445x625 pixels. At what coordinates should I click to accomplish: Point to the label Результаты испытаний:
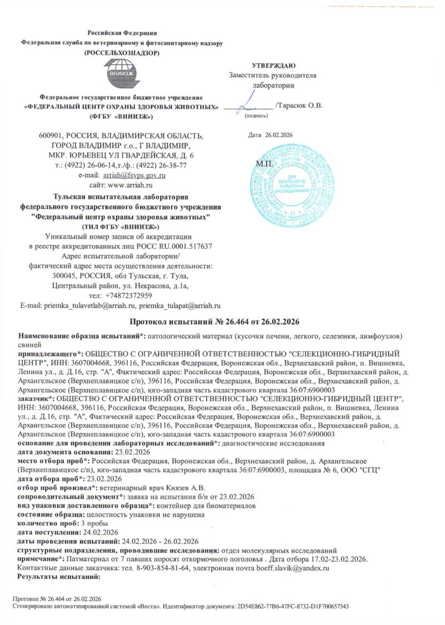click(58, 576)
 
